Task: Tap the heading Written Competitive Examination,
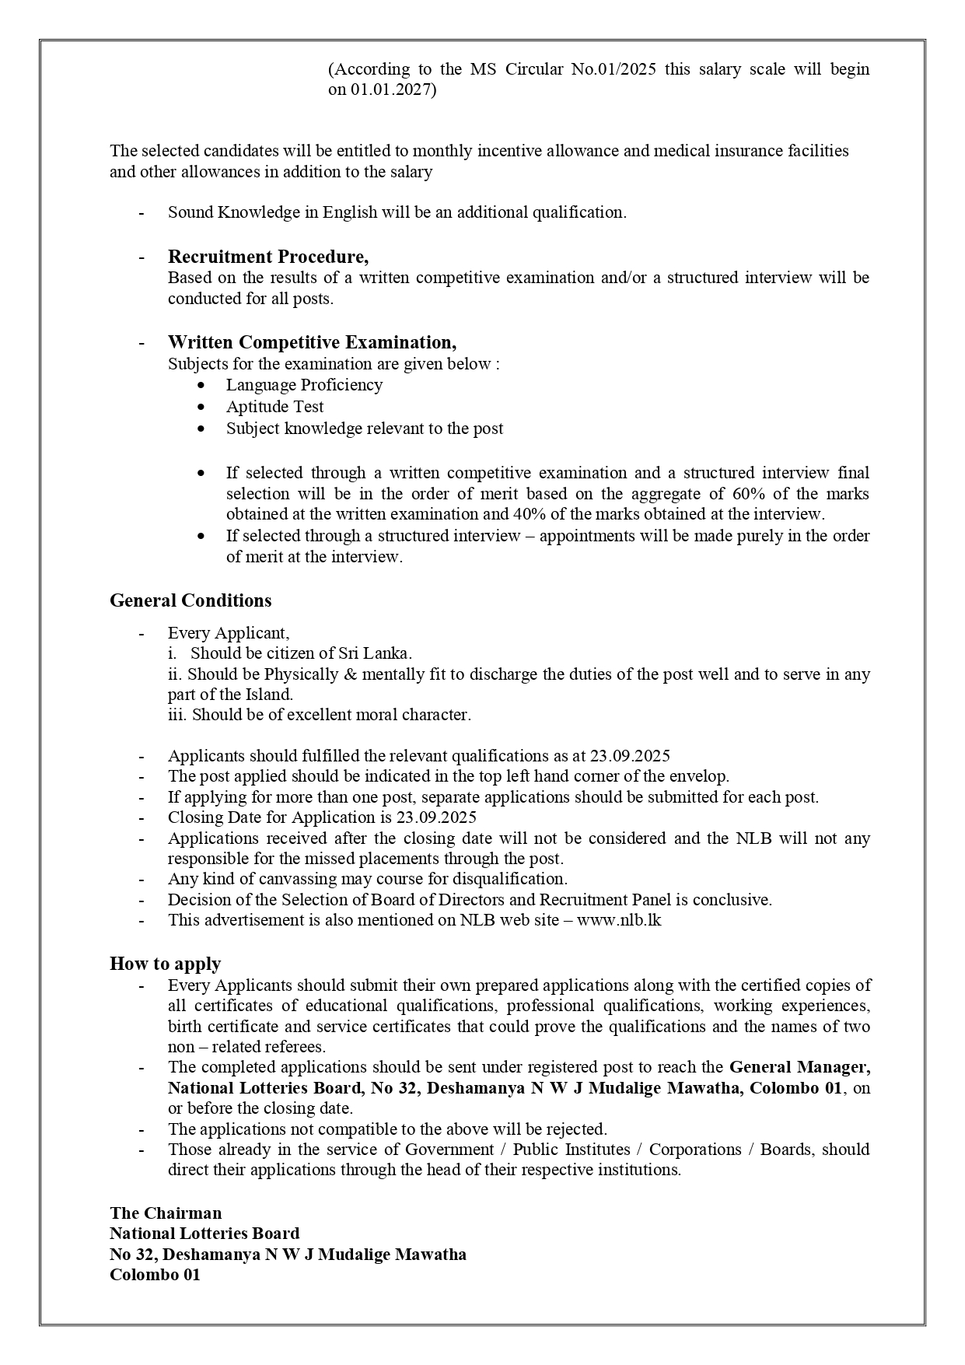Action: [x=312, y=342]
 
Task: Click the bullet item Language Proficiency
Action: [x=304, y=385]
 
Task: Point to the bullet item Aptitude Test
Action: [x=274, y=407]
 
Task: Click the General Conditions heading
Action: [x=191, y=600]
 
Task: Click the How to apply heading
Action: [x=165, y=964]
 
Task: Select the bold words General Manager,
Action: [x=799, y=1067]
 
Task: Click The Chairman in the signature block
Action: [x=166, y=1213]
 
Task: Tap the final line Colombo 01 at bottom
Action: [x=155, y=1275]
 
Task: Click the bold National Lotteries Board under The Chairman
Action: [x=205, y=1234]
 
